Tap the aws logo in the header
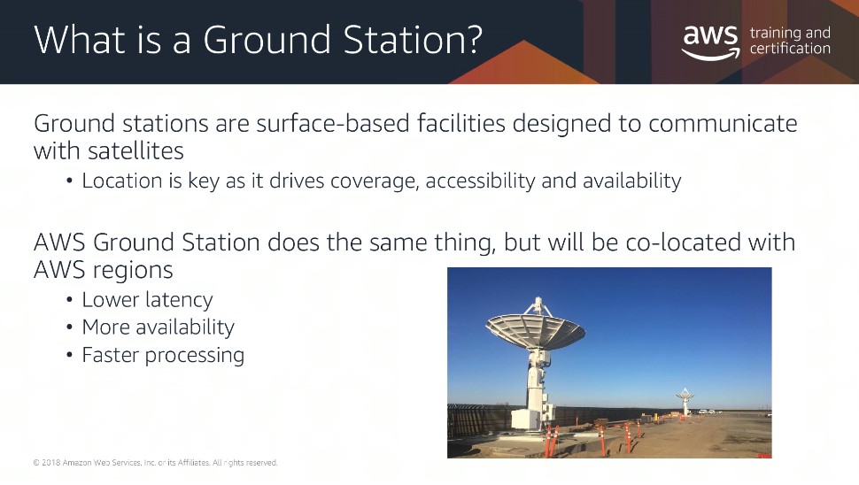(x=710, y=42)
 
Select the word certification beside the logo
(x=790, y=49)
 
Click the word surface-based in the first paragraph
(x=333, y=123)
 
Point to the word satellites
(x=135, y=151)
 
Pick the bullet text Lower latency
(x=147, y=300)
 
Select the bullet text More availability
(x=159, y=327)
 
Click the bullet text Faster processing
(x=163, y=355)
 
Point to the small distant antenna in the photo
(x=685, y=401)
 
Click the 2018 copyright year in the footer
(x=51, y=463)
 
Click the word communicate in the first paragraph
(x=723, y=123)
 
